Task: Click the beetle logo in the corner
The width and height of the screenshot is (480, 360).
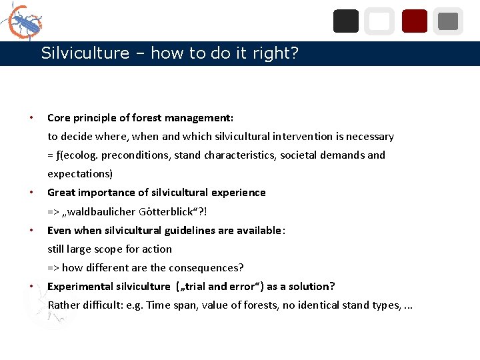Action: (x=25, y=22)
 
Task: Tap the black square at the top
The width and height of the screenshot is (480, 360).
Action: (x=345, y=21)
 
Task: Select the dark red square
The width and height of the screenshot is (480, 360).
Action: (x=415, y=21)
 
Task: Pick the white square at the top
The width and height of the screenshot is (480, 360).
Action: (x=379, y=21)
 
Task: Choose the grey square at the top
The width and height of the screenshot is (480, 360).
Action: (x=448, y=21)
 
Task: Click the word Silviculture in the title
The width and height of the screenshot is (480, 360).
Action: (x=85, y=53)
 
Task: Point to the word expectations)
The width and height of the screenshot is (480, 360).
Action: (x=80, y=174)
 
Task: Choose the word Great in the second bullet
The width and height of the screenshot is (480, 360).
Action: (x=61, y=193)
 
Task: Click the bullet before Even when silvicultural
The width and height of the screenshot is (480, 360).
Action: (x=32, y=231)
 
